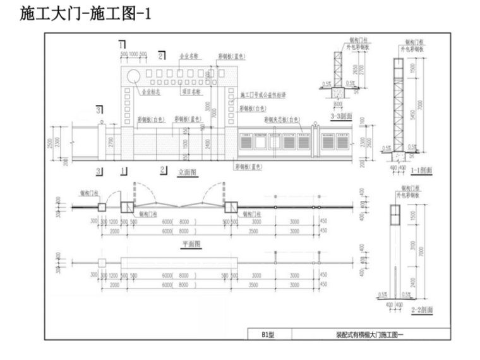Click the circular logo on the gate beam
coord(135,76)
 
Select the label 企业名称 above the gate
coord(189,56)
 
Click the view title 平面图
coord(188,243)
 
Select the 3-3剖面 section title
coord(341,117)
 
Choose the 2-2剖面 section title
coord(421,309)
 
